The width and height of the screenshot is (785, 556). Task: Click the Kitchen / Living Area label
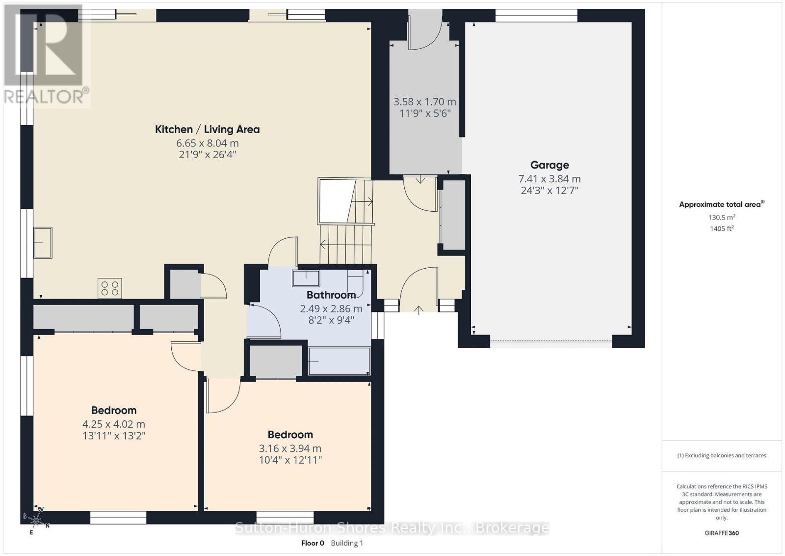tap(207, 129)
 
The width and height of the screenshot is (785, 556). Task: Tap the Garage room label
tap(549, 165)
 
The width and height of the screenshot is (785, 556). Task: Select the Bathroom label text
tap(331, 295)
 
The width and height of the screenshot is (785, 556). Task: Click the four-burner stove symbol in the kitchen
tap(110, 288)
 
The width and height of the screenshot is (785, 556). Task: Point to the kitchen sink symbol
tap(43, 243)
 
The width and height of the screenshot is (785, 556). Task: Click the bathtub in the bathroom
tap(339, 361)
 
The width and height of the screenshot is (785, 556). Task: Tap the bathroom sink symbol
tap(306, 278)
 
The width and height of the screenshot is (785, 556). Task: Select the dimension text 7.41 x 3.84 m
tap(549, 179)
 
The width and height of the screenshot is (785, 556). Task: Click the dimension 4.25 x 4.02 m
tap(114, 424)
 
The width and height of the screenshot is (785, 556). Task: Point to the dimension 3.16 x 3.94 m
tap(290, 448)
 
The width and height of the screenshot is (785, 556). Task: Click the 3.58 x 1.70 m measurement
tap(424, 102)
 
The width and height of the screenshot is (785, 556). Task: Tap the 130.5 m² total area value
tap(721, 217)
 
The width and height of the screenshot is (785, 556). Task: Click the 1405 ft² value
tap(721, 228)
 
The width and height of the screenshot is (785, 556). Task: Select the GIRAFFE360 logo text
tap(721, 533)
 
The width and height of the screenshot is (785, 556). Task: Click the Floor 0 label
tap(313, 543)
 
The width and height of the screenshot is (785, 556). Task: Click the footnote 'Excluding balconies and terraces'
tap(722, 455)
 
